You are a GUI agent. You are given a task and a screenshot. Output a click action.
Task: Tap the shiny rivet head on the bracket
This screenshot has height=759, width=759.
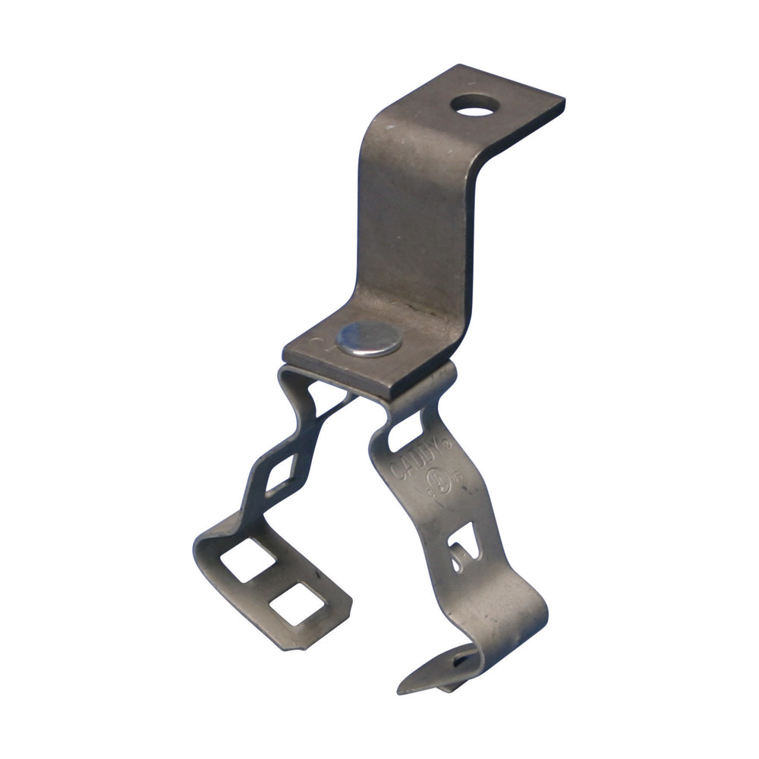(x=368, y=337)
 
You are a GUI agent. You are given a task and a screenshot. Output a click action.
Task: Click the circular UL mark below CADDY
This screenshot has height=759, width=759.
(x=437, y=480)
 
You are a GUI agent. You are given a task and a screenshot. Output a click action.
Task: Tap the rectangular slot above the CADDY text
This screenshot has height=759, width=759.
(x=411, y=430)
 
